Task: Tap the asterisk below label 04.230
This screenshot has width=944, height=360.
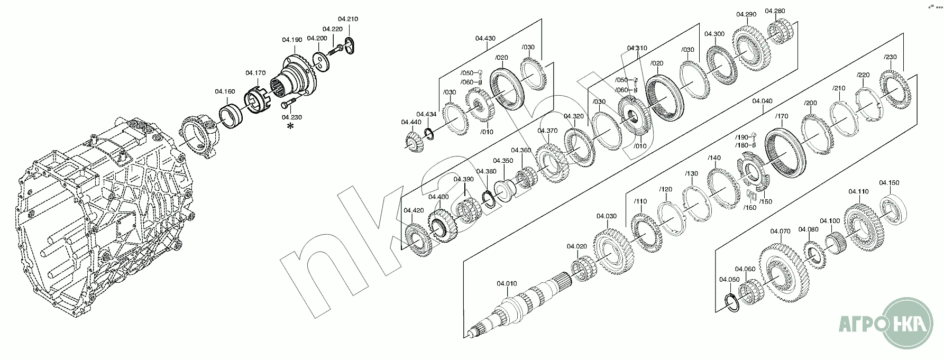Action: pos(290,126)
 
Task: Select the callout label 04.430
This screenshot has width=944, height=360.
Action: pos(485,38)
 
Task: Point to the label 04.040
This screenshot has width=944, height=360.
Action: pos(762,101)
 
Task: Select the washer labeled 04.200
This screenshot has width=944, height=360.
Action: pos(320,59)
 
